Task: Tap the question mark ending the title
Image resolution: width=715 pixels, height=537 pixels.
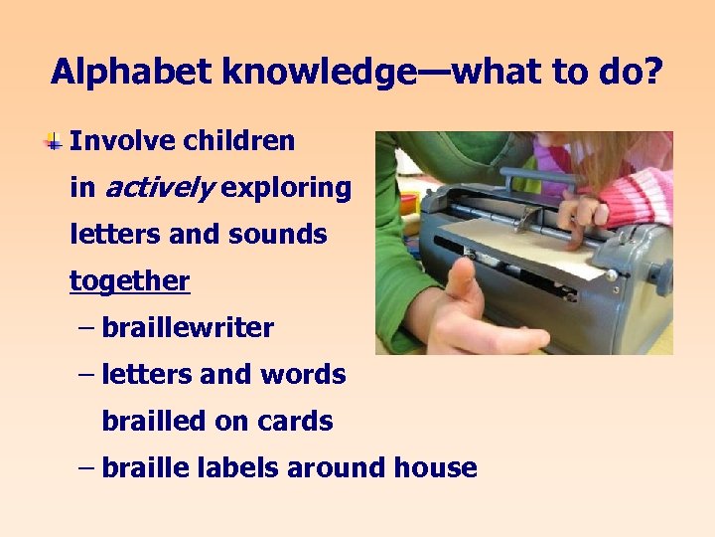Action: click(652, 72)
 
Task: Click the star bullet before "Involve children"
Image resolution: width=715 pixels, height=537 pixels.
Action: click(54, 142)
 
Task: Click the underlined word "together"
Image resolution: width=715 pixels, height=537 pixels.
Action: click(129, 281)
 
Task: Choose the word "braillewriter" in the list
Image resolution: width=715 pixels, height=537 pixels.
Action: click(188, 328)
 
